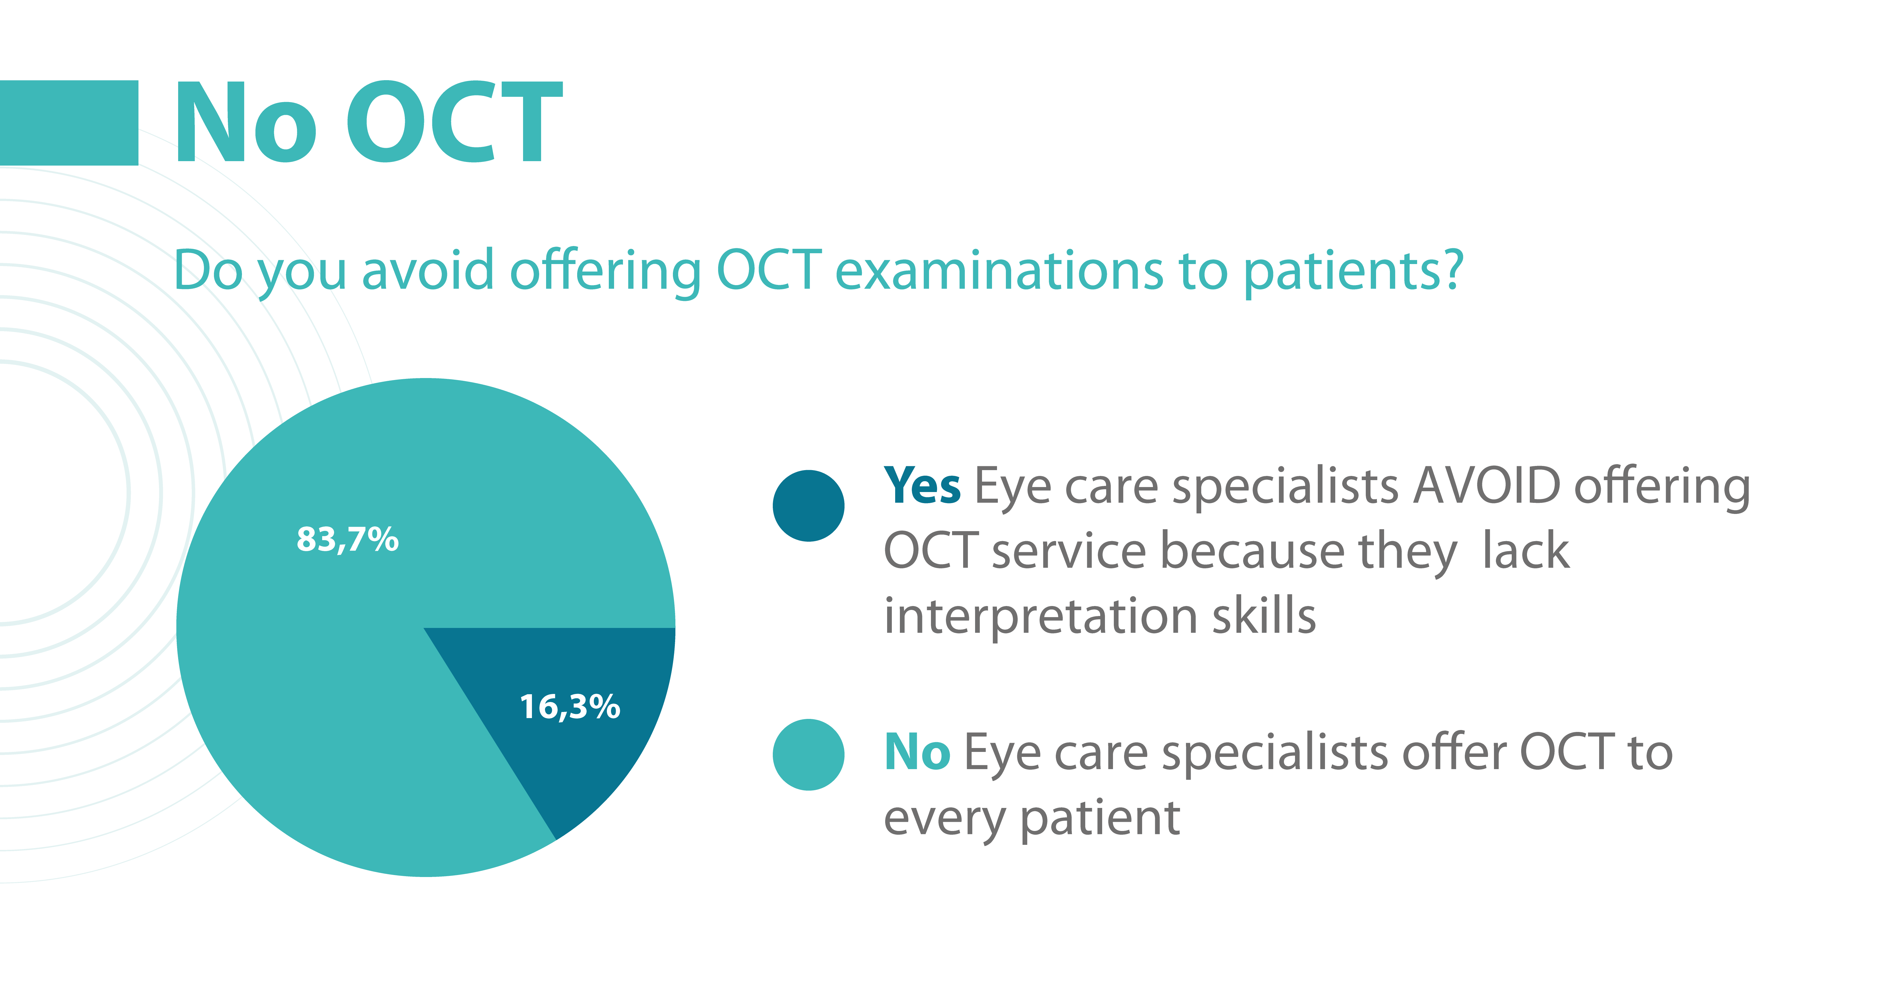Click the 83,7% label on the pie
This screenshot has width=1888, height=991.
pos(347,540)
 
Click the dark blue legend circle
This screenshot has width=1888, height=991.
pos(808,505)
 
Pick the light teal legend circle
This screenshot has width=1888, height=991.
pos(808,754)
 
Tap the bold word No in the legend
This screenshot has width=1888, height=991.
pos(918,752)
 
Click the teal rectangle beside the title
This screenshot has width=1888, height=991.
pos(69,122)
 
